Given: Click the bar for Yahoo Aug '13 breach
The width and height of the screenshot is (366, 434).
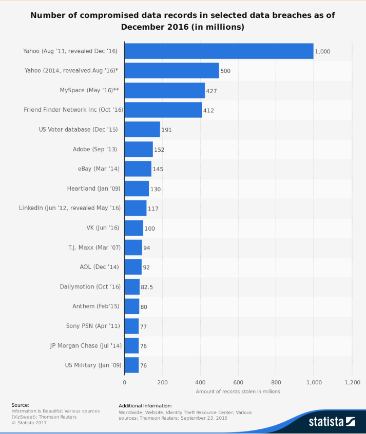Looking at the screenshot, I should pos(219,51).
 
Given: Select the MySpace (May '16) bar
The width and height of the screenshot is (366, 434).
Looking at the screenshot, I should pos(164,90).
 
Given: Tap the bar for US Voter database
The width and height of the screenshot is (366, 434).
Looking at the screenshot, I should pos(142,129).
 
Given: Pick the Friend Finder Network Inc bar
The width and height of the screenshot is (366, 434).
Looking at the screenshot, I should pos(163,110).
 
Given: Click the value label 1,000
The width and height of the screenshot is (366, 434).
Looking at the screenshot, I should pos(323,52).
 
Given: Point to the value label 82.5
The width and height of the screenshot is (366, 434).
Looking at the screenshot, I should pos(147,287).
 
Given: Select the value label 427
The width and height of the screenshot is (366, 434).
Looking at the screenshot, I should pos(211,91).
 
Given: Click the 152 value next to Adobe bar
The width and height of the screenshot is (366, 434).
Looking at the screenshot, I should pos(159,150).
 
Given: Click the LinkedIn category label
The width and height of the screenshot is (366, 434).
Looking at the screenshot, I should pos(70,208).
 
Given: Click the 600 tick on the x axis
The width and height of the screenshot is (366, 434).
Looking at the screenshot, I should pos(238,382).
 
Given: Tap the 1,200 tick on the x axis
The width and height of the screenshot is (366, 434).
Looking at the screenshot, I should pos(352,382).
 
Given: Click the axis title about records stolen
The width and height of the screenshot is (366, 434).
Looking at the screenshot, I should pos(238,391).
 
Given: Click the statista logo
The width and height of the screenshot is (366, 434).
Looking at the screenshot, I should pos(332,421).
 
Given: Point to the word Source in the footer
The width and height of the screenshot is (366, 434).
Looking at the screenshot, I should pos(20,405).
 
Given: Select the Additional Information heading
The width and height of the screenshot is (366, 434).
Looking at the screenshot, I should pos(145,405).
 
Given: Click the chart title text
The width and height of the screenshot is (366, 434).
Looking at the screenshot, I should pos(183,20).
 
